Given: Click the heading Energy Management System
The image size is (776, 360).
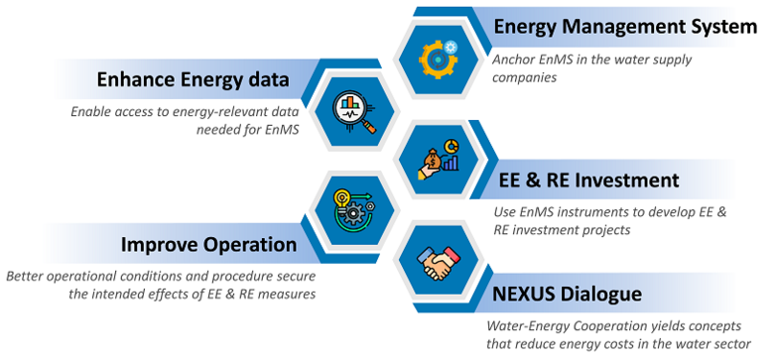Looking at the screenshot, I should tap(625, 27).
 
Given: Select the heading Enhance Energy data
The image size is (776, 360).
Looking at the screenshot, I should tap(193, 79).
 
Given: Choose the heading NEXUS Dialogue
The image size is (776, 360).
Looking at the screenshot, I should tap(568, 294).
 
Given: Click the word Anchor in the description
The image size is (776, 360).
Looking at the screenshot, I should tap(516, 60).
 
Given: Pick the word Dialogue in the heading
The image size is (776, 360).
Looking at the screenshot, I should tap(603, 294).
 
